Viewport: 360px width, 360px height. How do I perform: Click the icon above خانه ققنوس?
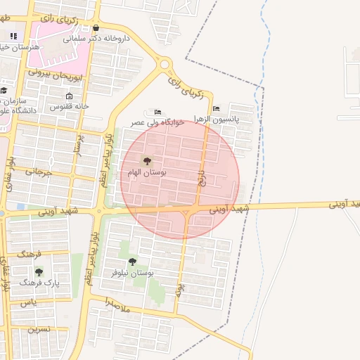[69, 96]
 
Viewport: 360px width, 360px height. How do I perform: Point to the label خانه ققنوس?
[69, 106]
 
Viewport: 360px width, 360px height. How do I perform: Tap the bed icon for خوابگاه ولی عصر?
[157, 111]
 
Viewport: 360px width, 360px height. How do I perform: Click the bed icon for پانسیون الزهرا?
[216, 108]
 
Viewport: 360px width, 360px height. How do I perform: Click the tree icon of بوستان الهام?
[147, 161]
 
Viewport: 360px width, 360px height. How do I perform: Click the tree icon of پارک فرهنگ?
[39, 271]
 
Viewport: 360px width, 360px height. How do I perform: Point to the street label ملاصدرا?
[119, 304]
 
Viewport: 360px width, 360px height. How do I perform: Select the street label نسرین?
[38, 329]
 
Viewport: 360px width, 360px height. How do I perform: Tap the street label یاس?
[28, 302]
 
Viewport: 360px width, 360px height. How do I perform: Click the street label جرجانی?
[39, 170]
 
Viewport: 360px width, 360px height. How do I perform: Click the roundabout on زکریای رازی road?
[165, 65]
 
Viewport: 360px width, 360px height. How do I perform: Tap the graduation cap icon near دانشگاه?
[4, 90]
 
